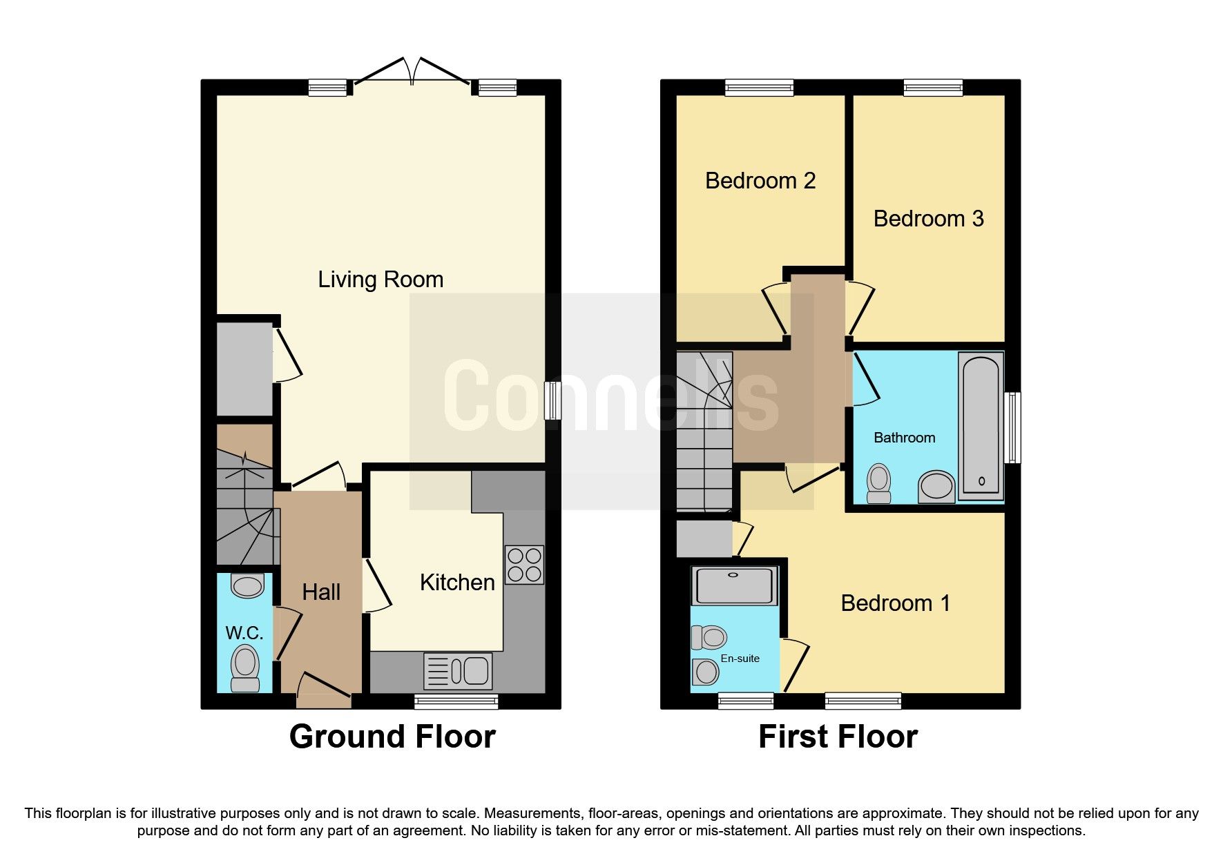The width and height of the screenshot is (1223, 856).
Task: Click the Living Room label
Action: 381,280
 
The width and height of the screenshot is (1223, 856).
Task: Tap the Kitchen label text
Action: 457,583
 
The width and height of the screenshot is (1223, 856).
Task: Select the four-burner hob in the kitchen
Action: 524,565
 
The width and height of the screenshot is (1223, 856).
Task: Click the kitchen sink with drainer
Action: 459,671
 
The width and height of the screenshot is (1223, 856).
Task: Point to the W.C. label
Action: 244,633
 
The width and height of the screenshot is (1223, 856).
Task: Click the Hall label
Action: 321,592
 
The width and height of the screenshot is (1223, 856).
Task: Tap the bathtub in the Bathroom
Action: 981,426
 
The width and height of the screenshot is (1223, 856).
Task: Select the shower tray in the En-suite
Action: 734,585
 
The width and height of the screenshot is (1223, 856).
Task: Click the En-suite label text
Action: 740,659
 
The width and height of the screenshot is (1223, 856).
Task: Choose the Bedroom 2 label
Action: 760,181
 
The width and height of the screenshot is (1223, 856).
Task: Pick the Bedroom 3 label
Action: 928,219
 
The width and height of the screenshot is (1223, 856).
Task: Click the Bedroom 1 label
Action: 895,603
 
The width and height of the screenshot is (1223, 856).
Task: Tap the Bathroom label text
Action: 904,438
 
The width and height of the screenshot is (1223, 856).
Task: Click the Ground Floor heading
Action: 392,737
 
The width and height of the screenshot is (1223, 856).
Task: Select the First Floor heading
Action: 838,737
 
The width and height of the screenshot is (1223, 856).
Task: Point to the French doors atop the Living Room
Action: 412,73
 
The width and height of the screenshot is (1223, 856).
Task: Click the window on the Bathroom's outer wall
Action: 1012,427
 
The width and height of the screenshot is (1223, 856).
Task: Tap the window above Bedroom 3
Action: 933,87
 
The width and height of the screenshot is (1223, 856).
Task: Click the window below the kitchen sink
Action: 456,702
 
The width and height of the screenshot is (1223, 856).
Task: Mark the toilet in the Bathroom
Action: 879,483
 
